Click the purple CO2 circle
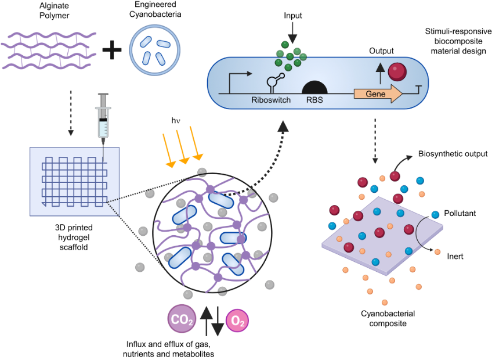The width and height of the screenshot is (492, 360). pyautogui.click(x=182, y=319)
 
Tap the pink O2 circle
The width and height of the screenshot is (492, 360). pyautogui.click(x=237, y=321)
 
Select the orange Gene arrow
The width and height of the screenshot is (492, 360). pyautogui.click(x=378, y=93)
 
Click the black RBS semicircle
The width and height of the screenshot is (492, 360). pyautogui.click(x=314, y=87)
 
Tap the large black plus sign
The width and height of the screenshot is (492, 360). pyautogui.click(x=112, y=49)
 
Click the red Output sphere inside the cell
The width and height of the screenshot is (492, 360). pyautogui.click(x=397, y=71)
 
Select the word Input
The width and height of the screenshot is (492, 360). pyautogui.click(x=293, y=16)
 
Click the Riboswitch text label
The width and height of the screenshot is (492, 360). pyautogui.click(x=271, y=100)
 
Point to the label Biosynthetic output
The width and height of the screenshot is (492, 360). pyautogui.click(x=453, y=154)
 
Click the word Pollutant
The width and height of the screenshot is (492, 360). pyautogui.click(x=460, y=213)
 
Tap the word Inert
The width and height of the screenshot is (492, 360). pyautogui.click(x=455, y=256)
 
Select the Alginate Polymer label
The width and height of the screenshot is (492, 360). pyautogui.click(x=55, y=10)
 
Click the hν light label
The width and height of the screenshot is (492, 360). pyautogui.click(x=176, y=120)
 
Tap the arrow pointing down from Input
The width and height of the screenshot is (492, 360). pyautogui.click(x=292, y=33)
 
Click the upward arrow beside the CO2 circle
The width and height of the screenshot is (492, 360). pyautogui.click(x=206, y=321)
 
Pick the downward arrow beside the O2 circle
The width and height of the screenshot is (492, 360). pyautogui.click(x=218, y=321)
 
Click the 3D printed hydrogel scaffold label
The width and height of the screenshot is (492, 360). pyautogui.click(x=74, y=237)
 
